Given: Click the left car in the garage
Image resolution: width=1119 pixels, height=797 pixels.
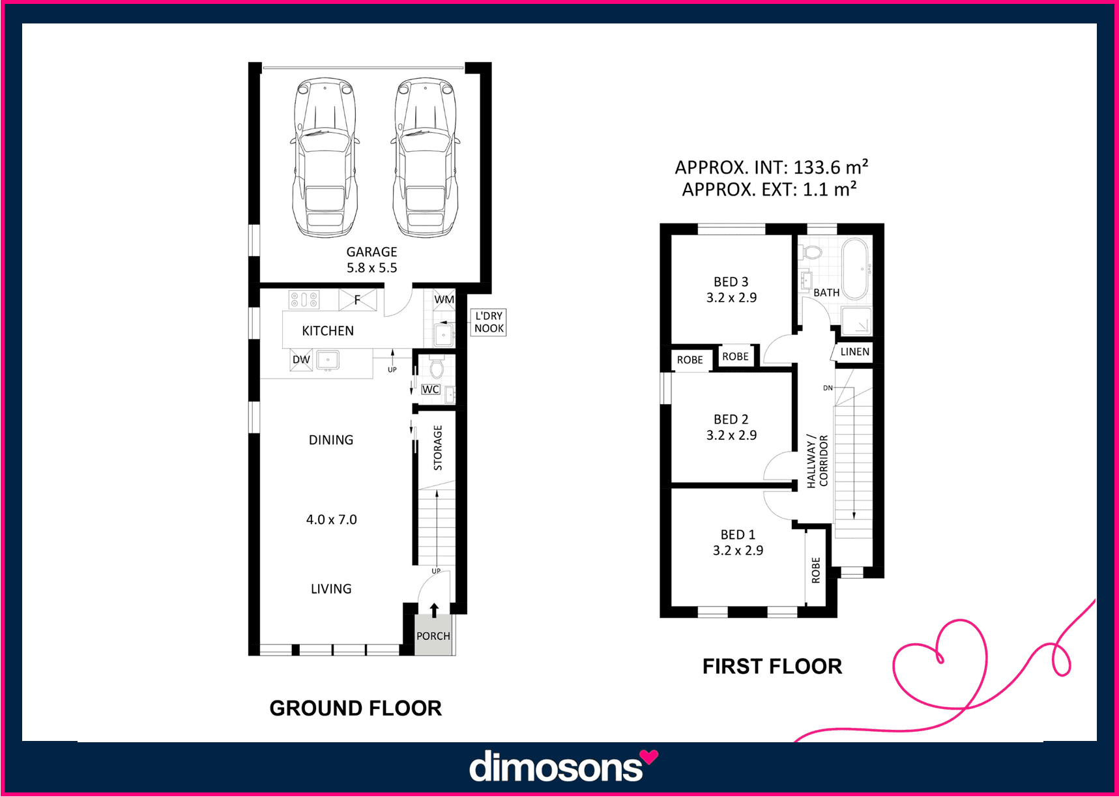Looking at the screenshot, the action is (325, 158).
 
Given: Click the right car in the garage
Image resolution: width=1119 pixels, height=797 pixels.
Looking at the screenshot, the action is (425, 158).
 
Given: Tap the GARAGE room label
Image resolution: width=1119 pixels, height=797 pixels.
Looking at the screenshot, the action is (371, 252).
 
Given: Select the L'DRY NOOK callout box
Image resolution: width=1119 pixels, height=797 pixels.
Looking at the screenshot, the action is (489, 323).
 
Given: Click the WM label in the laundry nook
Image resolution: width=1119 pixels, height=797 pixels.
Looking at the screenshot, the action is (444, 300).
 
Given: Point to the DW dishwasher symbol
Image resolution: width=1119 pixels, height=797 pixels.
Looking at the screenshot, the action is (301, 360).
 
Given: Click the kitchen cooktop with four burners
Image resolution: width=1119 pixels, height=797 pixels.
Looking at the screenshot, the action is (304, 300).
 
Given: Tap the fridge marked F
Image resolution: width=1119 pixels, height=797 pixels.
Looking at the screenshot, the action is (358, 300).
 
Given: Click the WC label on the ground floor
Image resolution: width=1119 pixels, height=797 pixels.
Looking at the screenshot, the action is (431, 390).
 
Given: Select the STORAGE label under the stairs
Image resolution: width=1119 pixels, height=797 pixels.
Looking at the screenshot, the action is (438, 448).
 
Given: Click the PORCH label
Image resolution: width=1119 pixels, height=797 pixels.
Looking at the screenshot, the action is (433, 636).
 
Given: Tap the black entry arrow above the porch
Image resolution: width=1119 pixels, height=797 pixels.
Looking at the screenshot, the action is (434, 609).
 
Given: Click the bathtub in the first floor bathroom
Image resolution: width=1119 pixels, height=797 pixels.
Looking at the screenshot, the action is (856, 269).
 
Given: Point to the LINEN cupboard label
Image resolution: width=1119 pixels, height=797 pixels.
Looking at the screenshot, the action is (855, 352).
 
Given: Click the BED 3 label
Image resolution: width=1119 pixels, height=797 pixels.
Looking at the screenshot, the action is (731, 282).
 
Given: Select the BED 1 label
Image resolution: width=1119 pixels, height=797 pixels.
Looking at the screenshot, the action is (738, 535).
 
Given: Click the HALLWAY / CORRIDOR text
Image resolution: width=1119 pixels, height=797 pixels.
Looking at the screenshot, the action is (817, 461).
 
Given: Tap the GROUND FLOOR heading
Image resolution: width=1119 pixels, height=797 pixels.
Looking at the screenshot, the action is (356, 708).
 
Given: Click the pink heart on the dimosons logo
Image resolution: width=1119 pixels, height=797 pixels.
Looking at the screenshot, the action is (648, 757).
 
